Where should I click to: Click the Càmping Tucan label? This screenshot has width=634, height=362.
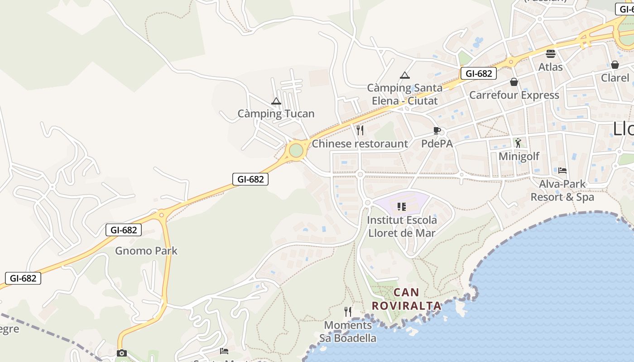pyautogui.click(x=276, y=114)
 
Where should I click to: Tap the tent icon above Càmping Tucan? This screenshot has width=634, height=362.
pyautogui.click(x=276, y=101)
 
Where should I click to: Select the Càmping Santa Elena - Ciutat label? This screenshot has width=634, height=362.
pyautogui.click(x=404, y=94)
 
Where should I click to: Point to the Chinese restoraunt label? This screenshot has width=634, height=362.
pyautogui.click(x=360, y=144)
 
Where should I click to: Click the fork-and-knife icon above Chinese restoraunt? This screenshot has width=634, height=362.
pyautogui.click(x=360, y=130)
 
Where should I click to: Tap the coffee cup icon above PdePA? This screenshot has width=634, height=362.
pyautogui.click(x=437, y=131)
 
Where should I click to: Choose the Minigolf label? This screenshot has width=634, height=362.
pyautogui.click(x=519, y=157)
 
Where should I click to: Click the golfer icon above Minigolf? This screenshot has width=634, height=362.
pyautogui.click(x=518, y=143)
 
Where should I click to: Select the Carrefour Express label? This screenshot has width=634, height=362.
pyautogui.click(x=514, y=95)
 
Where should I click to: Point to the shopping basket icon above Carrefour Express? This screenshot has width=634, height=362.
pyautogui.click(x=514, y=82)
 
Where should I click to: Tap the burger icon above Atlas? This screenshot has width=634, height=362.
pyautogui.click(x=551, y=54)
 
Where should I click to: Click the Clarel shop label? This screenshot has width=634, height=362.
pyautogui.click(x=615, y=78)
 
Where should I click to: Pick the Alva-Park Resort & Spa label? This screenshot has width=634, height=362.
pyautogui.click(x=562, y=191)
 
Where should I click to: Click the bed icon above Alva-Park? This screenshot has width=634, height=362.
pyautogui.click(x=562, y=171)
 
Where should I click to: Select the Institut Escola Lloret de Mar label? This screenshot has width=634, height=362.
pyautogui.click(x=402, y=227)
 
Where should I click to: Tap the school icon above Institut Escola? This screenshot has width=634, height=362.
pyautogui.click(x=401, y=207)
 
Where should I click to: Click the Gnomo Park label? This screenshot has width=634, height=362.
pyautogui.click(x=146, y=251)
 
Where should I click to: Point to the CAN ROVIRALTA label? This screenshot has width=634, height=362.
pyautogui.click(x=406, y=299)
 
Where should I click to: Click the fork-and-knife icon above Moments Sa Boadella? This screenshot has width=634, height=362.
pyautogui.click(x=348, y=312)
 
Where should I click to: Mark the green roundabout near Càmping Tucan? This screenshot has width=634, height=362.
pyautogui.click(x=296, y=150)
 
